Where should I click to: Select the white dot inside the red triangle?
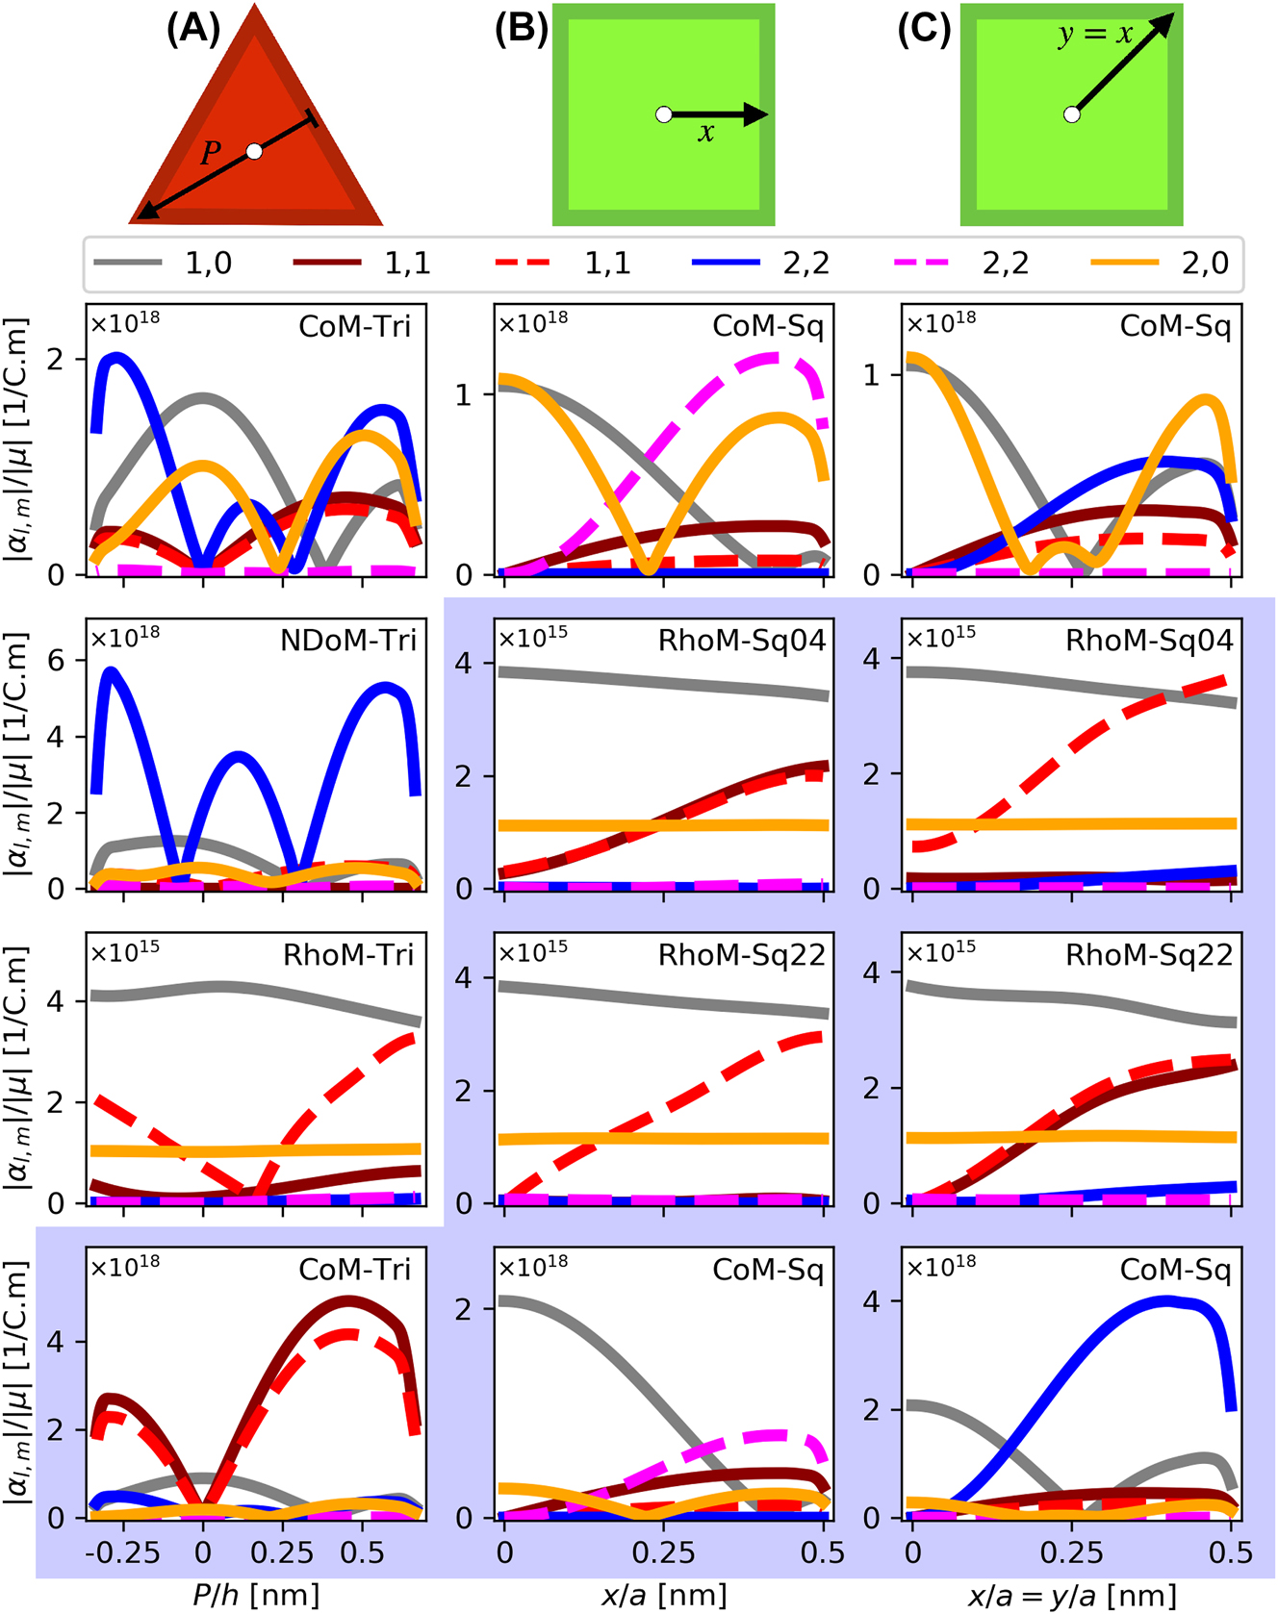pos(254,151)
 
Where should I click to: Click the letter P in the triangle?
pos(210,152)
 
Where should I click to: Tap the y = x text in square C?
pos(1095,35)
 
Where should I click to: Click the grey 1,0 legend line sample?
pos(127,263)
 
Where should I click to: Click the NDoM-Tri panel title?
pos(347,641)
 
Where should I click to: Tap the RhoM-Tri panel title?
pos(347,955)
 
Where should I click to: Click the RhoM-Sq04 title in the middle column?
pos(741,641)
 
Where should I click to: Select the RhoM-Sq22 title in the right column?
pos(1148,955)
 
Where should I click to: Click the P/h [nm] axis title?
pos(255,1596)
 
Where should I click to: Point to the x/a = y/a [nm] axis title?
pos(1071,1596)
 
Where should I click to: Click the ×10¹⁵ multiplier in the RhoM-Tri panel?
pos(125,950)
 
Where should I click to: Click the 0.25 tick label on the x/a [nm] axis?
pos(664,1552)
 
